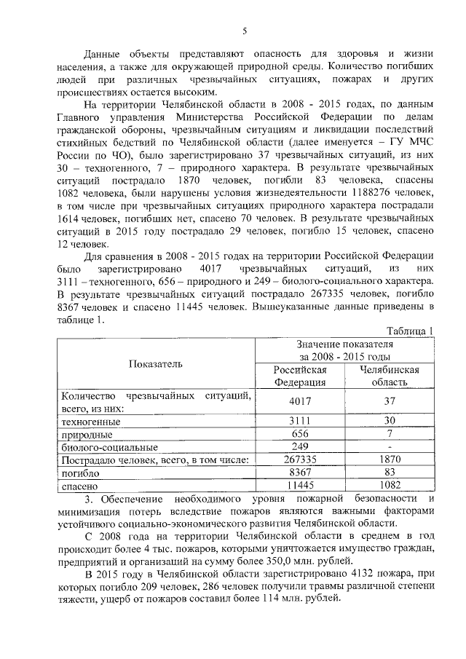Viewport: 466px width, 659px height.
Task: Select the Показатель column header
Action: coord(156,363)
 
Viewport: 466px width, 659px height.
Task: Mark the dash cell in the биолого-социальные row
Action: coord(390,446)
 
